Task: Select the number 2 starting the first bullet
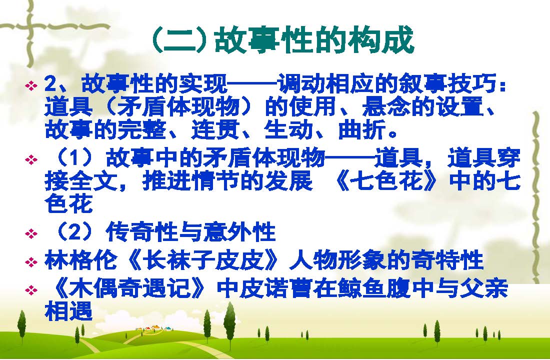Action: click(50, 84)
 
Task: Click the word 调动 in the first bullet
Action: click(300, 84)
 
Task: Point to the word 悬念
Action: click(386, 106)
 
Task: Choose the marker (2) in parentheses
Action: click(73, 231)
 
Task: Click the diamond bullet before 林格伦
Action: click(31, 262)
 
